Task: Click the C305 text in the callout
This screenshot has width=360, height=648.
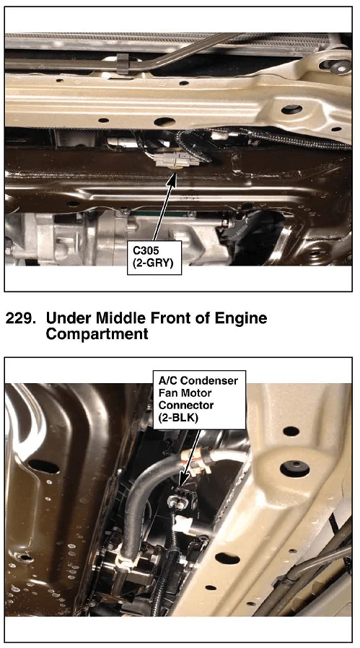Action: tap(145, 250)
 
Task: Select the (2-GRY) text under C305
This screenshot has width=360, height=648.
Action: tap(153, 263)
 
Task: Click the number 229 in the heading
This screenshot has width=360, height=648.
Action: tap(19, 318)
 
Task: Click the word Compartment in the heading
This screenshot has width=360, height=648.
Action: tap(97, 333)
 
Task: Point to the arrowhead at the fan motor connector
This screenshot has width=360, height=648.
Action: tap(184, 480)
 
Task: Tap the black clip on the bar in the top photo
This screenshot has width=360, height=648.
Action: tap(123, 64)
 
